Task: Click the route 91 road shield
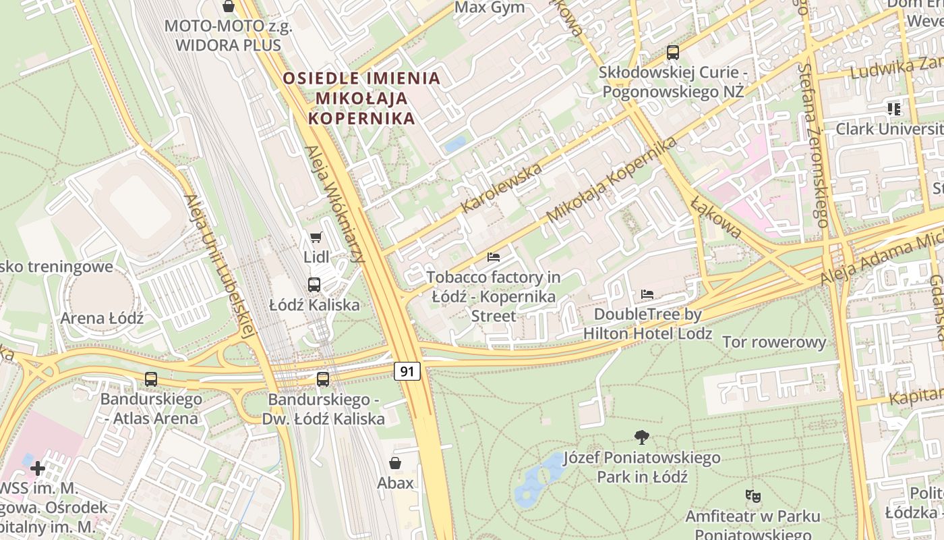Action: pyautogui.click(x=407, y=371)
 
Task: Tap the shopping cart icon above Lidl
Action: pyautogui.click(x=316, y=237)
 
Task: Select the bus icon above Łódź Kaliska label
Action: pyautogui.click(x=314, y=284)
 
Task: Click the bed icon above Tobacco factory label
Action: pyautogui.click(x=494, y=257)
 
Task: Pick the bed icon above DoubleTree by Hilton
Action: pyautogui.click(x=647, y=294)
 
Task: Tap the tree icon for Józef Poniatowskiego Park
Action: pyautogui.click(x=642, y=437)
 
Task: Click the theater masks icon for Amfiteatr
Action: pyautogui.click(x=753, y=496)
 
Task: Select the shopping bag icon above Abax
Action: pyautogui.click(x=395, y=463)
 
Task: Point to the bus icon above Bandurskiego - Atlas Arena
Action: pyautogui.click(x=151, y=379)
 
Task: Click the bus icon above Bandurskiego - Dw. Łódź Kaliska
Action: pyautogui.click(x=323, y=379)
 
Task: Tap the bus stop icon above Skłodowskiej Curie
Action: pyautogui.click(x=672, y=52)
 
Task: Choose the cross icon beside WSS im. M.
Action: pyautogui.click(x=38, y=467)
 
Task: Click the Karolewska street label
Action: pyautogui.click(x=502, y=187)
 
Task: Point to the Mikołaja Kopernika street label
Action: pyautogui.click(x=612, y=179)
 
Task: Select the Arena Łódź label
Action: pyautogui.click(x=102, y=318)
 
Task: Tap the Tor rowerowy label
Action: pyautogui.click(x=774, y=342)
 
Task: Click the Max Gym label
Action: pyautogui.click(x=490, y=8)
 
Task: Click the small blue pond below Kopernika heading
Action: pyautogui.click(x=456, y=144)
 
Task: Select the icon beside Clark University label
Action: pyautogui.click(x=894, y=109)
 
